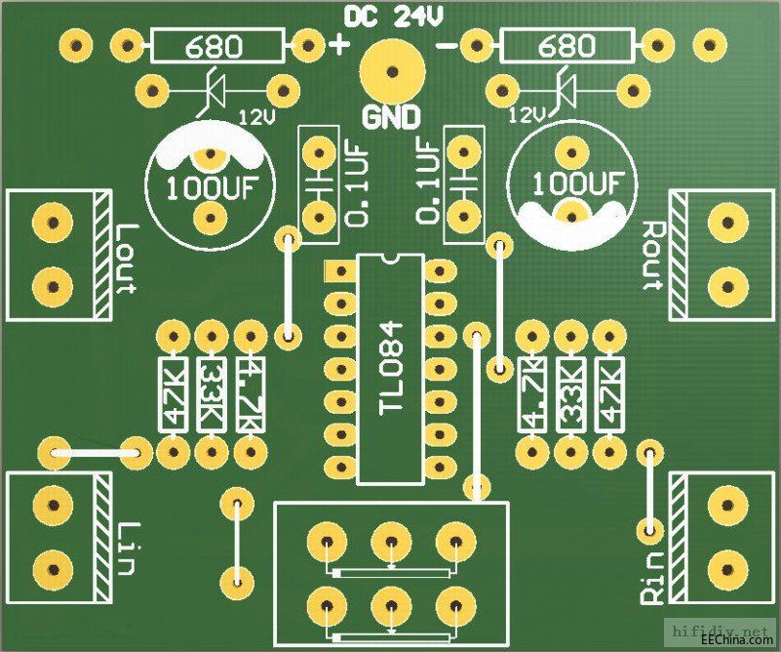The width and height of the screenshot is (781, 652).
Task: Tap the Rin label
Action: coord(651,576)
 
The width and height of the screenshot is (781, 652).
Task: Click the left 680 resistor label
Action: coord(215,45)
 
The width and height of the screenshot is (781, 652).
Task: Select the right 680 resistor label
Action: coord(566,45)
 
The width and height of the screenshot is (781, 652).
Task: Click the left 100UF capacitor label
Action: coord(206,185)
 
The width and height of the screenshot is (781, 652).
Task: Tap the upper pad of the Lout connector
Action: coord(53,220)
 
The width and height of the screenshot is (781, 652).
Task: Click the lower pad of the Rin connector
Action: coord(726,567)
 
